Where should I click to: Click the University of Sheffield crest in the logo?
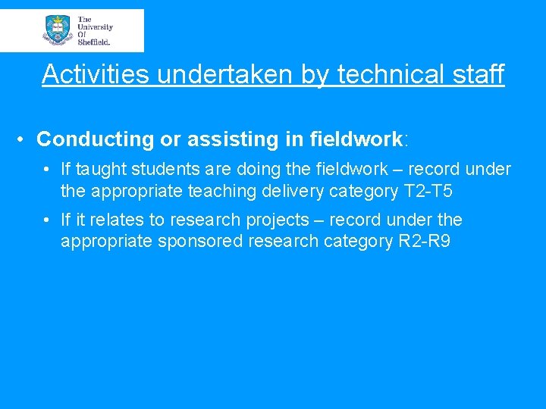point(58,30)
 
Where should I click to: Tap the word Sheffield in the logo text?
point(94,42)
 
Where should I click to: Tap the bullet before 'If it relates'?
point(47,220)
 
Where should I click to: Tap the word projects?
point(280,220)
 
